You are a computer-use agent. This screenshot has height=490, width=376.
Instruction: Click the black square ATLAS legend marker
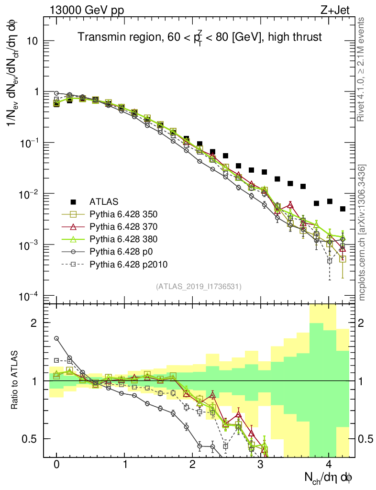74,201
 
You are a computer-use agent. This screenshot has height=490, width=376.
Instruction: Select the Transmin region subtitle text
199,36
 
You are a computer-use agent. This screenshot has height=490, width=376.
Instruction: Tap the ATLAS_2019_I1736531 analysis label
199,287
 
